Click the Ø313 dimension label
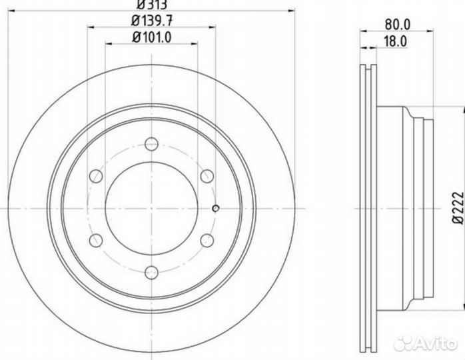pos(152,4)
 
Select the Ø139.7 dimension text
pos(152,21)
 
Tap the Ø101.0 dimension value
pos(152,38)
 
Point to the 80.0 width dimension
pos(398,25)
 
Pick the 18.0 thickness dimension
pos(396,41)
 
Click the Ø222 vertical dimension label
pos(458,207)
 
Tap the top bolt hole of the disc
pos(151,144)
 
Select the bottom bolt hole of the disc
pos(151,273)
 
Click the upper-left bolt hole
pos(96,176)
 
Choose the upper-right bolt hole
pos(207,176)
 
